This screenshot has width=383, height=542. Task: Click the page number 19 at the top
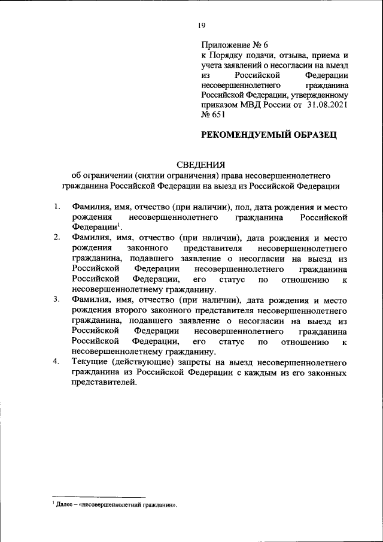pos(201,25)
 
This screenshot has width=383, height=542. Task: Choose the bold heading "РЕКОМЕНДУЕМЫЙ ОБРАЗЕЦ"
pos(269,135)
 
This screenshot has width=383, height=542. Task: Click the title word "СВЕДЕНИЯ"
pos(201,164)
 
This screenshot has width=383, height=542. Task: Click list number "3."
pos(56,299)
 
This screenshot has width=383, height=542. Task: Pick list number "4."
pos(56,362)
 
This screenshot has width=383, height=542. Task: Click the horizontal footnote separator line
pos(99,496)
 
